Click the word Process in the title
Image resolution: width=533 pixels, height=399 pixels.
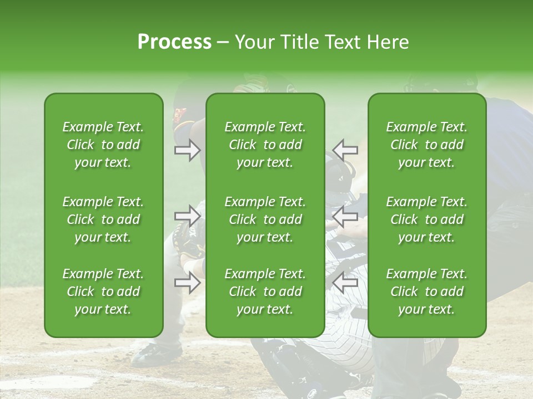pos(174,42)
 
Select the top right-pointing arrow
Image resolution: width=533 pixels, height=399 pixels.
pos(188,150)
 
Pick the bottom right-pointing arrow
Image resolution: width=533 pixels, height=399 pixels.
pos(188,283)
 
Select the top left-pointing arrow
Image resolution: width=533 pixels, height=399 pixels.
pos(345,150)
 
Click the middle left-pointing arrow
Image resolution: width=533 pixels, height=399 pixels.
pos(345,216)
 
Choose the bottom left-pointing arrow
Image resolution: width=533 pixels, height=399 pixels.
pos(345,283)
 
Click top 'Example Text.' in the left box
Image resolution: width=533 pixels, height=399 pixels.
pos(103,127)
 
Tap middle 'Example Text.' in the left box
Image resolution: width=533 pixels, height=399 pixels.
pos(103,202)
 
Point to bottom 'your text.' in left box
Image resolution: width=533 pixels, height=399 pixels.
pos(103,309)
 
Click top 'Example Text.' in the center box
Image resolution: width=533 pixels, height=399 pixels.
pos(265,127)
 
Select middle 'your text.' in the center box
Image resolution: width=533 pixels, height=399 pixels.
pos(265,237)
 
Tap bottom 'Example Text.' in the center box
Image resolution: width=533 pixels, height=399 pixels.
pos(265,274)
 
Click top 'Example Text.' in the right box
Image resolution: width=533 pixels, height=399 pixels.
pos(426,127)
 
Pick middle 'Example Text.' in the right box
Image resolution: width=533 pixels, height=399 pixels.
pos(426,202)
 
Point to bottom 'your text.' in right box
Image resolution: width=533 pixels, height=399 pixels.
pos(426,309)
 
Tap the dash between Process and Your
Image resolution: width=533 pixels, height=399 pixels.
pos(223,43)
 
